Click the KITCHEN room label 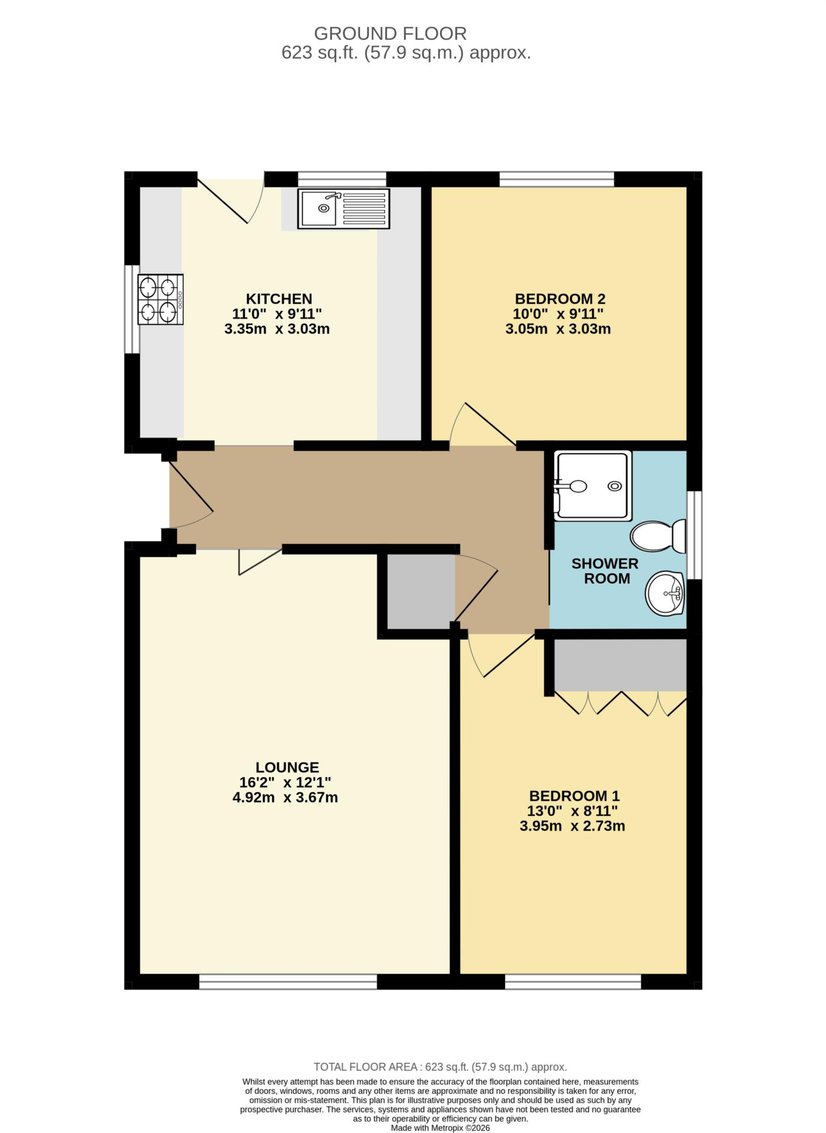(x=279, y=299)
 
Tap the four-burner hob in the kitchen (x=161, y=299)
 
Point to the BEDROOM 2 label (x=560, y=299)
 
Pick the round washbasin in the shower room (x=665, y=594)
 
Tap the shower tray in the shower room (x=593, y=486)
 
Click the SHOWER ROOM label (x=605, y=571)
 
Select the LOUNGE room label (x=287, y=767)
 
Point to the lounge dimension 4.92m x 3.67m (x=285, y=797)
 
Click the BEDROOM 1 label (x=574, y=796)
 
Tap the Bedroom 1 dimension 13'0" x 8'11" (x=573, y=811)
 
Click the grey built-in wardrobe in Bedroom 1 (x=620, y=665)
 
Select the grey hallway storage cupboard (x=420, y=591)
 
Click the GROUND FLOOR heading (x=390, y=34)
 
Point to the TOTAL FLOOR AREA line (x=440, y=1067)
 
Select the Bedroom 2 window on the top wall (x=557, y=179)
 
